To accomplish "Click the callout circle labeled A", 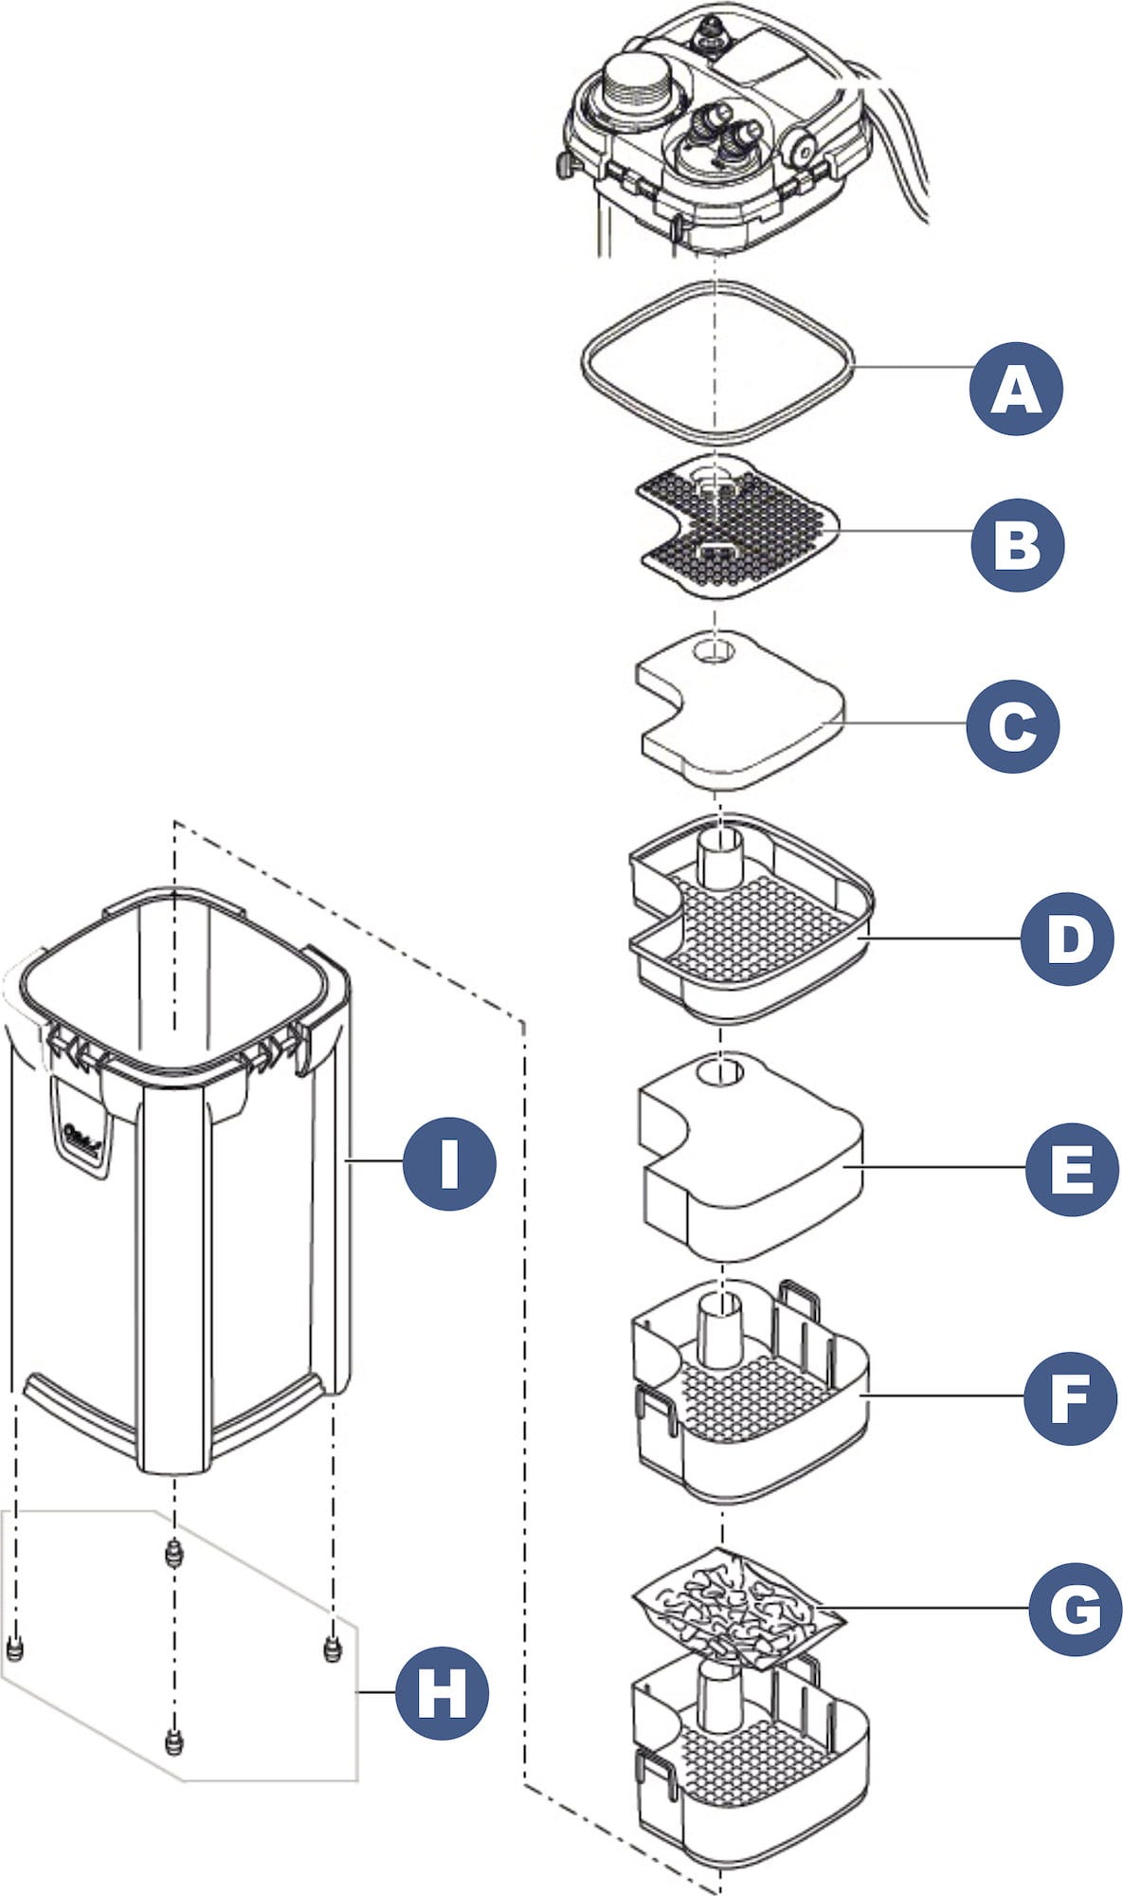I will tap(1016, 389).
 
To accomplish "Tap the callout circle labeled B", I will tap(1018, 545).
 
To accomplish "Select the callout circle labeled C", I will tap(1013, 726).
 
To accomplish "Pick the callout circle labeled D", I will tap(1067, 939).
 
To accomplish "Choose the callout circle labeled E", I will tap(1072, 1168).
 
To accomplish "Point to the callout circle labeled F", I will tap(1070, 1398).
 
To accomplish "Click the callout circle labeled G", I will tap(1076, 1609).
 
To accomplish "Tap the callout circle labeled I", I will tap(449, 1162).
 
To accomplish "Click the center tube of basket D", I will tap(720, 858).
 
